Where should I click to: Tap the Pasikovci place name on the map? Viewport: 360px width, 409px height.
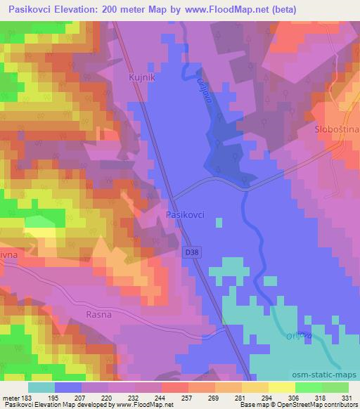click(185, 215)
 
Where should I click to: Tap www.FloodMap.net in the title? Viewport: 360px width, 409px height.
click(217, 9)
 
